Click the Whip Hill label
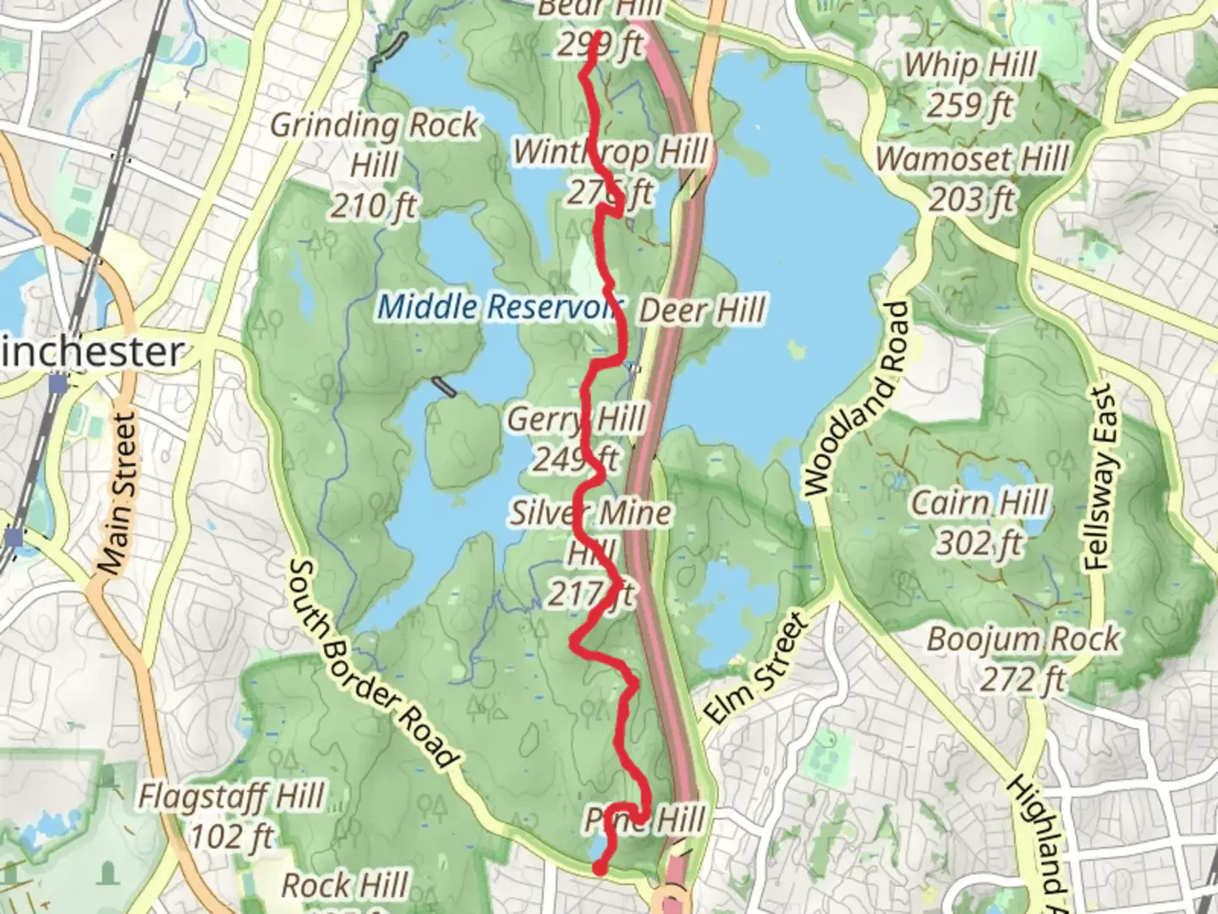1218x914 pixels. point(970,65)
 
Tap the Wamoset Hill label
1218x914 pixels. point(972,159)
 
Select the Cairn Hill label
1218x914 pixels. point(979,503)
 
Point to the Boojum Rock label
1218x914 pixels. point(1023,639)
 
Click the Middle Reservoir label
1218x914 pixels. point(499,306)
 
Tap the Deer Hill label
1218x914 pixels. point(702,311)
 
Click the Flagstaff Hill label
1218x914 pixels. point(231,796)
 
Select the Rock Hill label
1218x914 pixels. point(344,886)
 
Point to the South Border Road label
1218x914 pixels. point(373,665)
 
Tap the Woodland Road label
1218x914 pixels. point(858,399)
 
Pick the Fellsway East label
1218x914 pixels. point(1099,478)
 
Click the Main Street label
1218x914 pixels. point(116,493)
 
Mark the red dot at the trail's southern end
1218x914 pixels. point(599,867)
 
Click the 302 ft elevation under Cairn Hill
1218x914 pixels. point(979,543)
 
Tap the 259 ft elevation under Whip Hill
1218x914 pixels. point(970,106)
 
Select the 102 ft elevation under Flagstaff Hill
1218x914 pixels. point(231,837)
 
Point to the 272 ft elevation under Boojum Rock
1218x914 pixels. point(1023,679)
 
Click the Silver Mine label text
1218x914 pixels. point(590,513)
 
